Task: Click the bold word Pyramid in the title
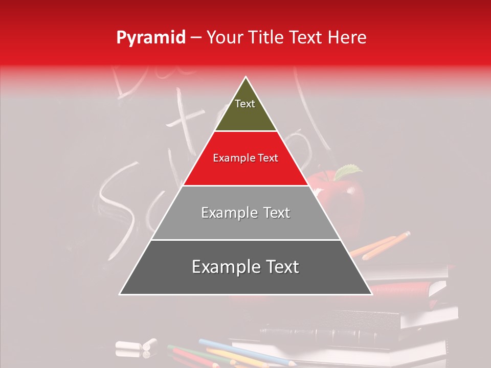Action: tap(150, 38)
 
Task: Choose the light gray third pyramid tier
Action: tap(245, 213)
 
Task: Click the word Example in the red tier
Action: tap(230, 158)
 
